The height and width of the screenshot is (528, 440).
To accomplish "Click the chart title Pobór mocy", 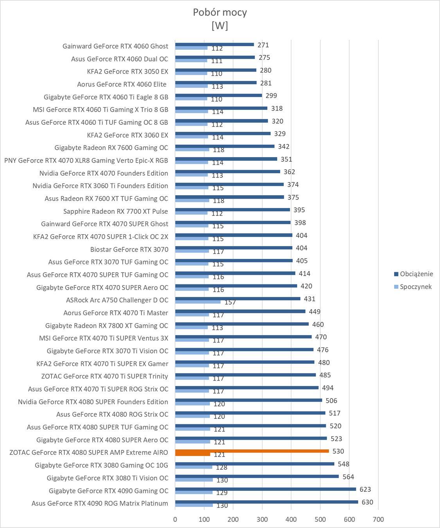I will (220, 12).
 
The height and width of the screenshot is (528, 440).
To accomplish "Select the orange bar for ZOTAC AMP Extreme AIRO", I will (252, 451).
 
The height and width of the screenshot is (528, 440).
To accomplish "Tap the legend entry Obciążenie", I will (416, 274).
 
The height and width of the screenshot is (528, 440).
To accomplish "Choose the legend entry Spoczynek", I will (415, 287).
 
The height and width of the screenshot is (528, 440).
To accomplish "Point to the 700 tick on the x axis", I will (378, 519).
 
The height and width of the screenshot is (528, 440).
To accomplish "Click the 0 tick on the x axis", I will (175, 519).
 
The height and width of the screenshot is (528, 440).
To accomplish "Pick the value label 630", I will (367, 502).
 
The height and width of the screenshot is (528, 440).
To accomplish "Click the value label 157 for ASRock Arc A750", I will (230, 302).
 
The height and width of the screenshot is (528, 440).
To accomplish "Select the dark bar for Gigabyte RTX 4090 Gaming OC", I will (266, 489).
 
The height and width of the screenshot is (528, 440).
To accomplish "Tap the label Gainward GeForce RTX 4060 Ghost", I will (115, 46).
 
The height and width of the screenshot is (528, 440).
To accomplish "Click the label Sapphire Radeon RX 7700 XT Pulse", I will (115, 211).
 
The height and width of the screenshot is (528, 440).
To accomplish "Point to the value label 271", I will (263, 45).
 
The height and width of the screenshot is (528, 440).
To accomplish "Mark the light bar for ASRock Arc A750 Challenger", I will (198, 302).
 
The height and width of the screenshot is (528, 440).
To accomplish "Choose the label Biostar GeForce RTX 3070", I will (129, 250).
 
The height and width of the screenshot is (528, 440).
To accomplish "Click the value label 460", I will (318, 324).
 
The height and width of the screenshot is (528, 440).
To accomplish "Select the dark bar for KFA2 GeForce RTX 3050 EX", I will (216, 70).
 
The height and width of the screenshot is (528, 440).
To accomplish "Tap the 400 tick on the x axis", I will (291, 519).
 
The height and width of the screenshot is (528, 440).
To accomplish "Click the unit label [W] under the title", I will (220, 25).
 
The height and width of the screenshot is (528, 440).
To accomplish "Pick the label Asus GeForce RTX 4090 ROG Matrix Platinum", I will (100, 503).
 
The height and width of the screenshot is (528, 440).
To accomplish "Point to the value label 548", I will (343, 464).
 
